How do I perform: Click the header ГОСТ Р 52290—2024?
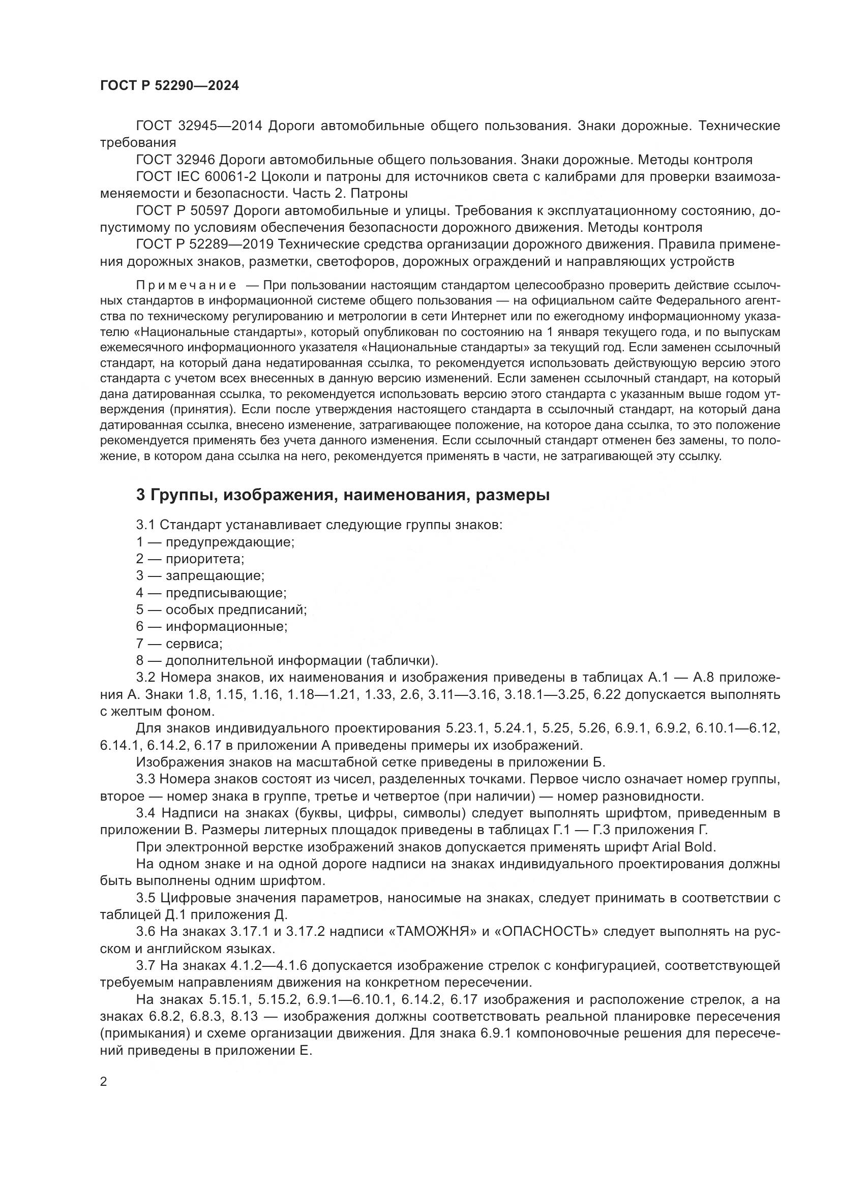point(169,86)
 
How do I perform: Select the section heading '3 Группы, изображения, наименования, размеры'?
point(342,496)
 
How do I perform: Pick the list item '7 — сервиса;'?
point(179,644)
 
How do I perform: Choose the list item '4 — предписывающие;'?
point(212,593)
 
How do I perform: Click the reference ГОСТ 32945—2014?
point(199,126)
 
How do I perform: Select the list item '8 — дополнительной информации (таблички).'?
point(287,661)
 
